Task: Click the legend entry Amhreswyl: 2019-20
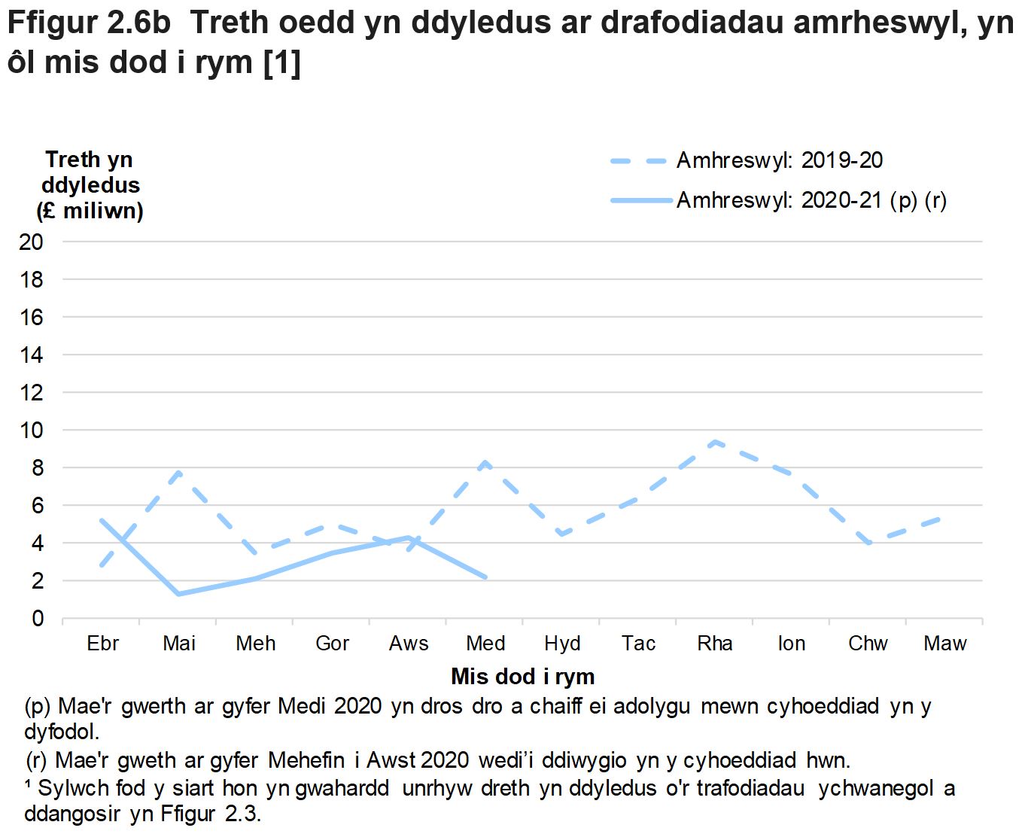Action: coord(779,160)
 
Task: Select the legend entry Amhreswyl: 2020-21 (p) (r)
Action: coord(811,200)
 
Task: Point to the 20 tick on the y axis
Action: coord(32,242)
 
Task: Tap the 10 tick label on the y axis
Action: coord(32,430)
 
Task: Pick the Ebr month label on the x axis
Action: coord(102,644)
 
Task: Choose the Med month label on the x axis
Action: coord(485,644)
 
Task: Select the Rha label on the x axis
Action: coord(715,644)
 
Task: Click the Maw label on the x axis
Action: coord(944,644)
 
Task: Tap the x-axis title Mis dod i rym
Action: coord(522,677)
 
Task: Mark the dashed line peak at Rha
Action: coord(715,442)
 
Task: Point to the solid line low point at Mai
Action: coord(179,594)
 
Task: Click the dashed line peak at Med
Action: coord(485,462)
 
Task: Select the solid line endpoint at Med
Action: coord(485,577)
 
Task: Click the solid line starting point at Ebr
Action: coord(102,520)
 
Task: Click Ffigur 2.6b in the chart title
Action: coord(89,23)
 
